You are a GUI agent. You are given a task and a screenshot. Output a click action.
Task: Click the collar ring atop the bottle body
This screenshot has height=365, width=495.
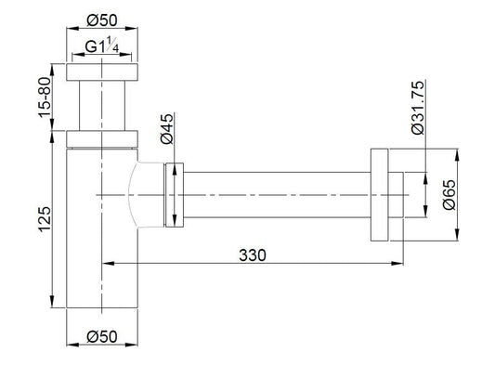point(102,140)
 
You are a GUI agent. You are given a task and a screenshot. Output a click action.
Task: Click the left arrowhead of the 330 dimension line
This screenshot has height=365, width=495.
point(105,262)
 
